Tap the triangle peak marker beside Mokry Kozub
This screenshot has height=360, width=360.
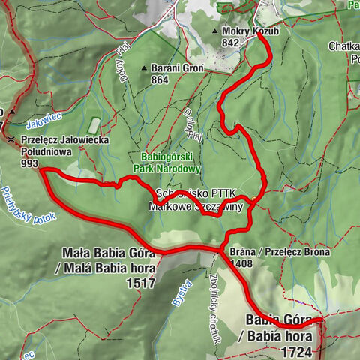(x=216, y=32)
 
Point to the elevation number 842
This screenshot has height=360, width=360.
(x=231, y=43)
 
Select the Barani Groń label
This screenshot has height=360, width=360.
(x=177, y=67)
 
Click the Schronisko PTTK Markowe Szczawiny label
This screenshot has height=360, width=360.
(x=198, y=200)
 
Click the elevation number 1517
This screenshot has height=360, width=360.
(x=140, y=283)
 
